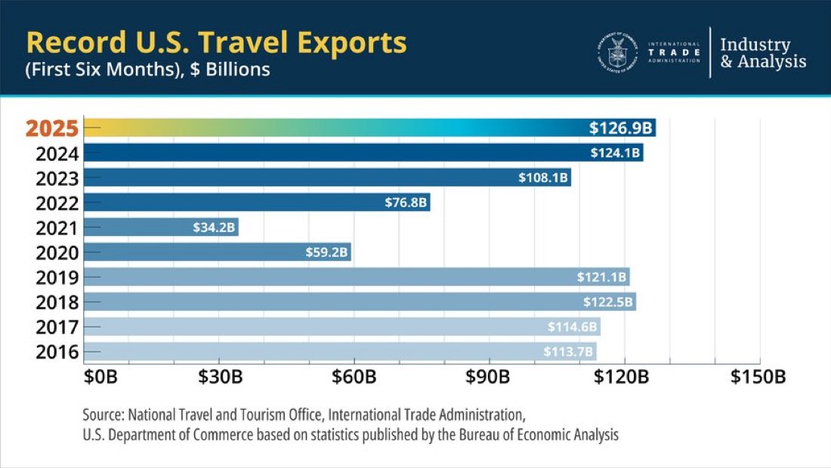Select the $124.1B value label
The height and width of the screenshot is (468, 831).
pyautogui.click(x=616, y=153)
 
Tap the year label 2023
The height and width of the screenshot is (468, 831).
pyautogui.click(x=57, y=178)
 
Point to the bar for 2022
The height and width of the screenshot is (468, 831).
pyautogui.click(x=257, y=203)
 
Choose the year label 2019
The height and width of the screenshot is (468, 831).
pyautogui.click(x=57, y=277)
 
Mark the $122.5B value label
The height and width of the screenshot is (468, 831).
pyautogui.click(x=609, y=302)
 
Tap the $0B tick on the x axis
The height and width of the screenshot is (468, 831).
pyautogui.click(x=100, y=377)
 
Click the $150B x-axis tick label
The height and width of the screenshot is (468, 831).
pyautogui.click(x=758, y=377)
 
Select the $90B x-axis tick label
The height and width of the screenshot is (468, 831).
pyautogui.click(x=488, y=377)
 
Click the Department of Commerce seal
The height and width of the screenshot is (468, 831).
pyautogui.click(x=617, y=53)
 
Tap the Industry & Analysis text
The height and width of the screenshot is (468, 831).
pyautogui.click(x=762, y=53)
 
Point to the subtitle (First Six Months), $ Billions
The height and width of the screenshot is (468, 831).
pyautogui.click(x=147, y=70)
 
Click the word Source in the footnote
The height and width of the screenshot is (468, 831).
pyautogui.click(x=103, y=415)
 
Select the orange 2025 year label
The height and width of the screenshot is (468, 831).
pyautogui.click(x=51, y=129)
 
